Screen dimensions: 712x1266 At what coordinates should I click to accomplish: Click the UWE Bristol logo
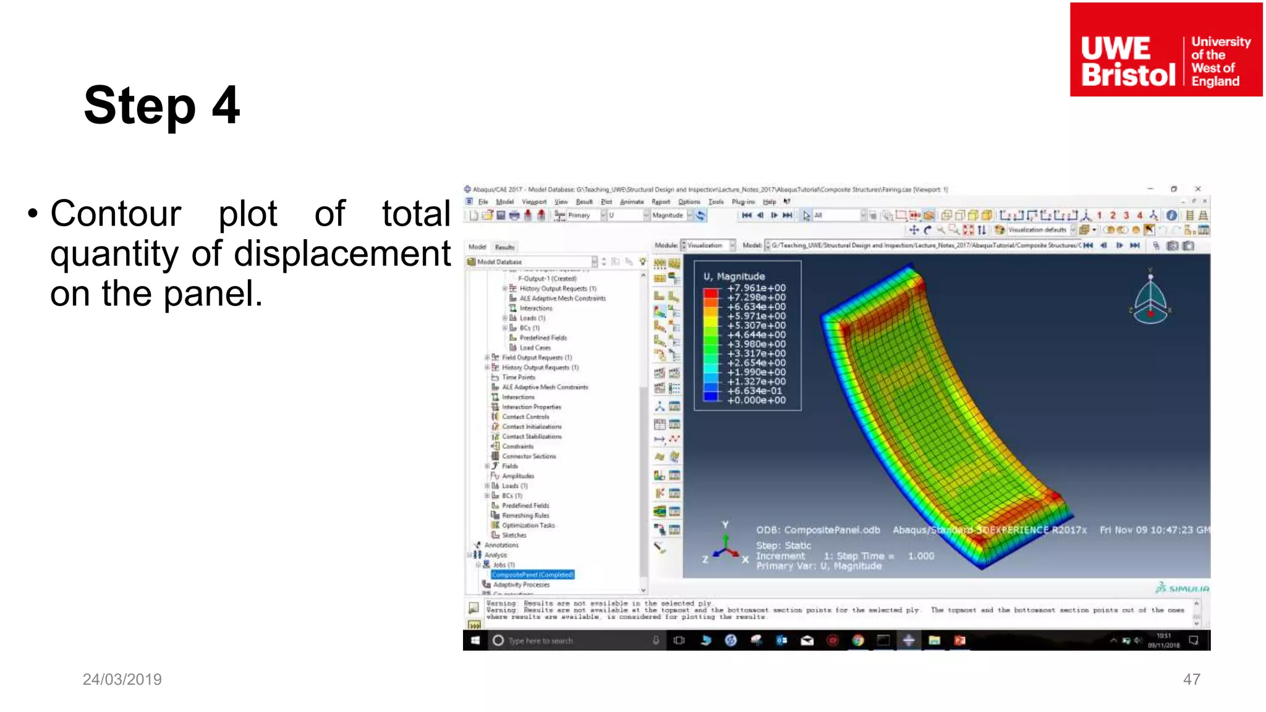click(x=1166, y=49)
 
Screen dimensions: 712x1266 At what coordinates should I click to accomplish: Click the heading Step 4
click(x=162, y=106)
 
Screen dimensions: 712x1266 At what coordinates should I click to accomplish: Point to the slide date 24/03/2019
click(x=122, y=679)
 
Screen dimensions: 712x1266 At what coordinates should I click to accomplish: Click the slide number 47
click(x=1191, y=679)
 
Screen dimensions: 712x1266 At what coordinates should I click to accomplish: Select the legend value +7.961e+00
click(x=756, y=288)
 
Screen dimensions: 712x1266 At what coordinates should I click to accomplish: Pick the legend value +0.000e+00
click(x=756, y=400)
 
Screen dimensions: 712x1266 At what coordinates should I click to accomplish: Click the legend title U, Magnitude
click(x=734, y=276)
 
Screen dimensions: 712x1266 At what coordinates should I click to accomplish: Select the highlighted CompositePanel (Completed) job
click(x=533, y=575)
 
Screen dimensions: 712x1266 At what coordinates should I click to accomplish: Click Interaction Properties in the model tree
click(x=531, y=407)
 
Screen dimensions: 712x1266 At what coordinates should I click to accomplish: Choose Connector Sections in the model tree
click(x=529, y=456)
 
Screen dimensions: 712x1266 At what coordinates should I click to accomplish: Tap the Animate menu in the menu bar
click(x=631, y=201)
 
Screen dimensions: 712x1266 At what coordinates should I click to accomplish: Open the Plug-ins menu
click(x=743, y=201)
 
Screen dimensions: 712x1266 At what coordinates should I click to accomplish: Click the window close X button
click(x=1197, y=189)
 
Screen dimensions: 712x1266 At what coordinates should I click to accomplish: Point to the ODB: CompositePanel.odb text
click(x=818, y=530)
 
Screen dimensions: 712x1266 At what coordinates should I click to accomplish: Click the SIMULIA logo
click(x=1182, y=588)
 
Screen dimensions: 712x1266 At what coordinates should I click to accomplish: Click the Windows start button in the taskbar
click(x=475, y=640)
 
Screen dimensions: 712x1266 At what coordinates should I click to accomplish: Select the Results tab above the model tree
click(x=504, y=247)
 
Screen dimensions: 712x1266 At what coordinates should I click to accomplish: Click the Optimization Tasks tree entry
click(x=528, y=525)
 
